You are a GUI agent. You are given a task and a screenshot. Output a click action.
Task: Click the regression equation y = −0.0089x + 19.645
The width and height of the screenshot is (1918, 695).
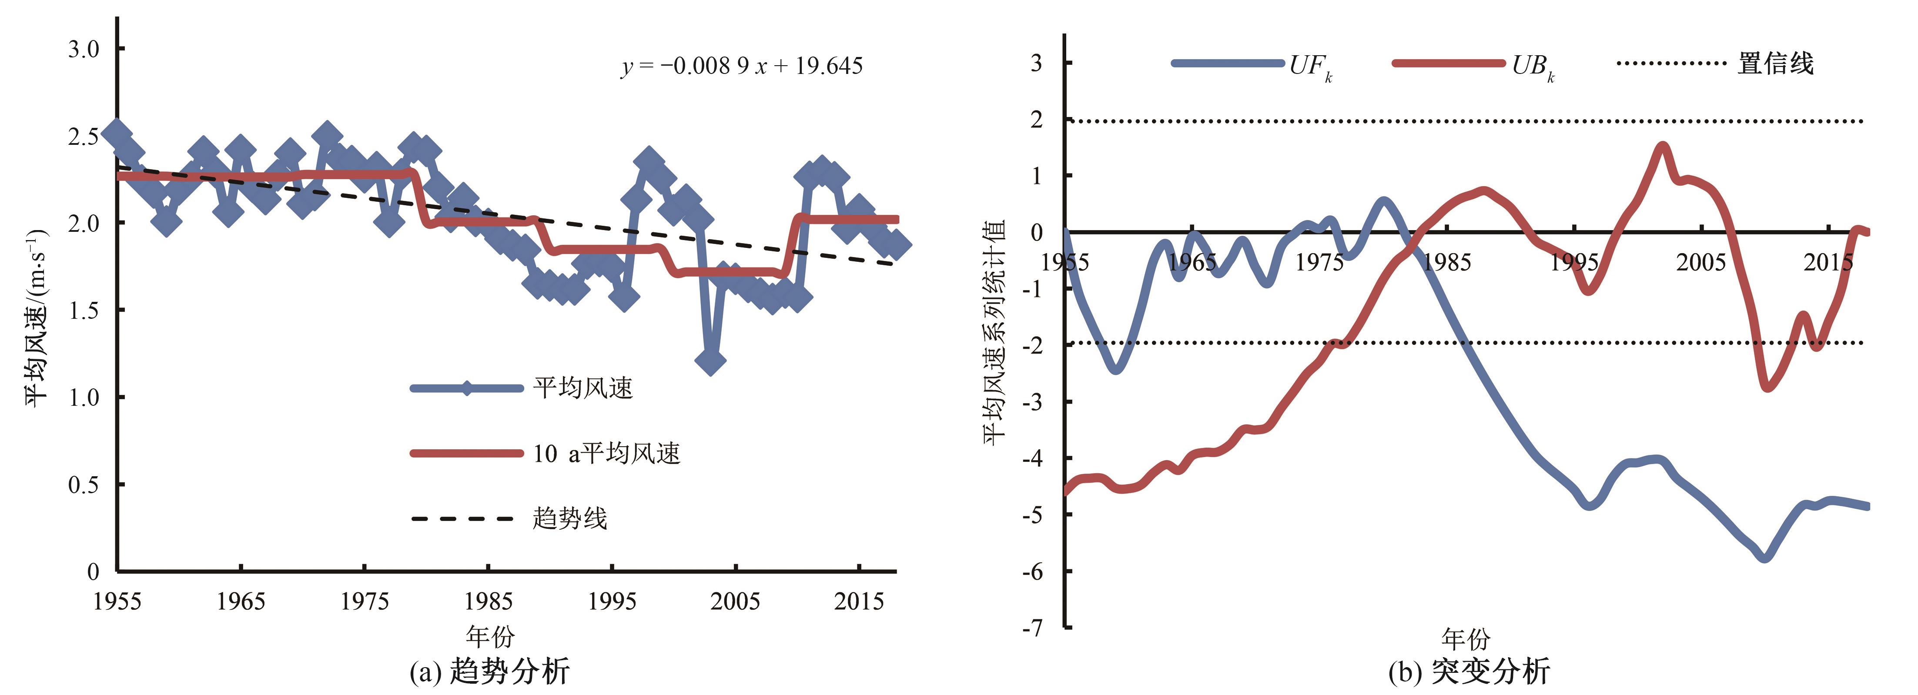coord(742,66)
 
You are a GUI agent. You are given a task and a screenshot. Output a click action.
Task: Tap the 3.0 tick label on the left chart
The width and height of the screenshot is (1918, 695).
coord(84,49)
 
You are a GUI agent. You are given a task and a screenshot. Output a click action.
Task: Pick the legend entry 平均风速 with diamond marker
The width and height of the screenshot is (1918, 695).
coord(582,388)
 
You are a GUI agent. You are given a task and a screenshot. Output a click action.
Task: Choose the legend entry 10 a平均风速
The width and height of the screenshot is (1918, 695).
coord(606,453)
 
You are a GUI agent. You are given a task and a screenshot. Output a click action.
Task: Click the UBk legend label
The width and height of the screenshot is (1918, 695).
coord(1532,66)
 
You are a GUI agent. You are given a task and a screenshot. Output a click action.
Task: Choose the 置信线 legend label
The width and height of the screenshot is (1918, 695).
coord(1775,64)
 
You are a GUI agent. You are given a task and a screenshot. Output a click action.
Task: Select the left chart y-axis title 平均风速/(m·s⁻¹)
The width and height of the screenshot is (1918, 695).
coord(37,318)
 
